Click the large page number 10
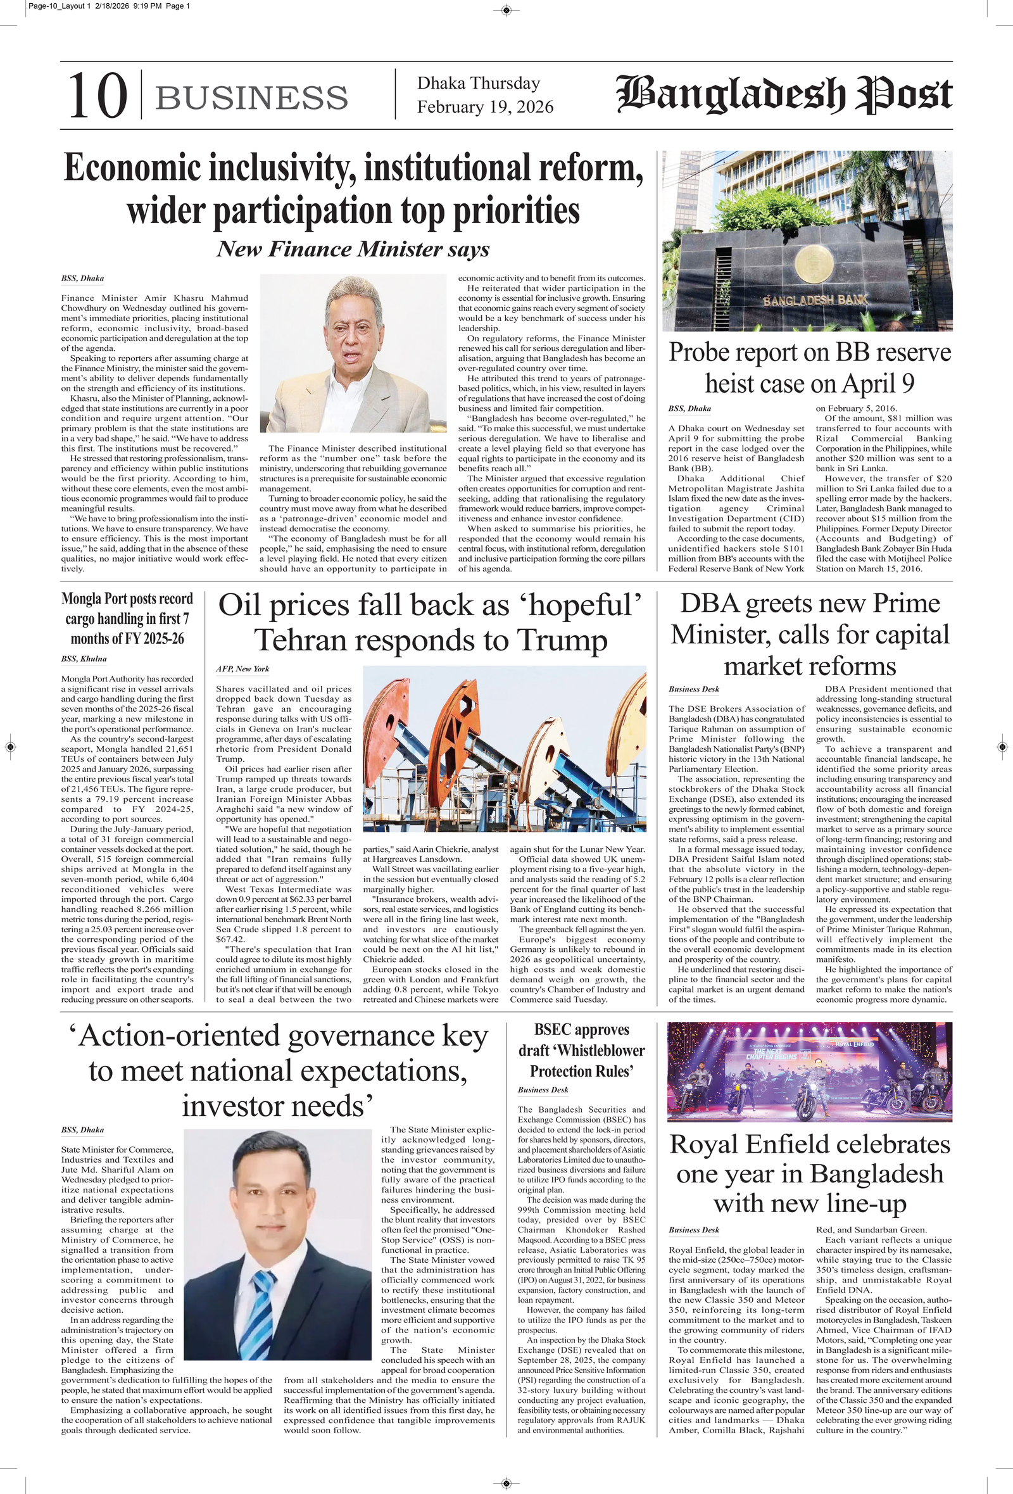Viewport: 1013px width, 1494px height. [97, 96]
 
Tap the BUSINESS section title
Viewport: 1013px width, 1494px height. [251, 98]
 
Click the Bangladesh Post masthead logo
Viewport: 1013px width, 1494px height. [784, 95]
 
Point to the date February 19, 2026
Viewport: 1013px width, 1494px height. [484, 106]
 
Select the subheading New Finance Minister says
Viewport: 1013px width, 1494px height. [353, 250]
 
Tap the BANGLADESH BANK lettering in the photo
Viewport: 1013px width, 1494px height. [814, 300]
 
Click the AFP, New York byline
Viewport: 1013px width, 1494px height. [242, 669]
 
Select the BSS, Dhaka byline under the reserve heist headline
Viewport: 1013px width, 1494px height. [689, 409]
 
